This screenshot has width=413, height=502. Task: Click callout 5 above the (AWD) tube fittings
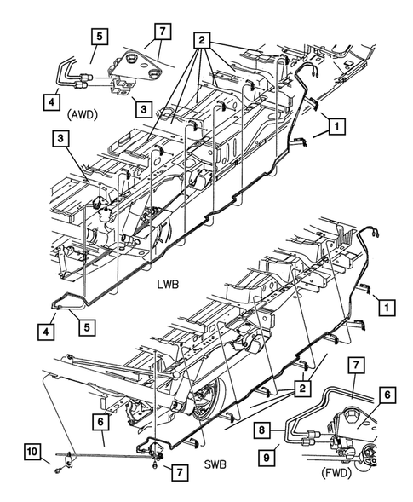tap(100, 37)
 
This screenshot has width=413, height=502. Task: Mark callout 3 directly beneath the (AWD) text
tap(61, 138)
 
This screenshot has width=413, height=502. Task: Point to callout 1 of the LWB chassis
tap(336, 126)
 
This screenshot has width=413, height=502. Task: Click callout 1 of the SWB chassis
tap(386, 305)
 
